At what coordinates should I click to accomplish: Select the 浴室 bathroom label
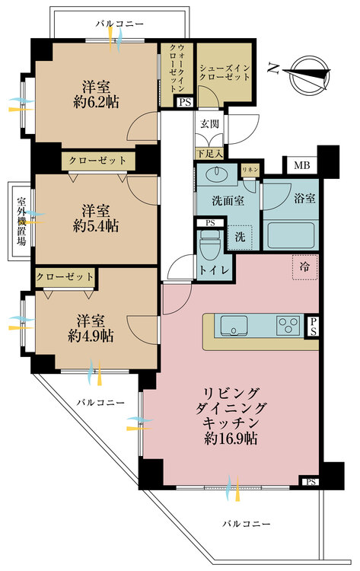click(x=304, y=196)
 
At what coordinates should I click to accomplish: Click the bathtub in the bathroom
click(x=291, y=237)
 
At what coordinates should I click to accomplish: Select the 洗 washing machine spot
click(x=240, y=236)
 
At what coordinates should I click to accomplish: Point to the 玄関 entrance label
click(x=209, y=123)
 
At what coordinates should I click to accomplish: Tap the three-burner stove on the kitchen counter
click(x=289, y=326)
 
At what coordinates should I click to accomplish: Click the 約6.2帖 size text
click(x=97, y=100)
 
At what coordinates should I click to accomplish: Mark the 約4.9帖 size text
click(x=90, y=335)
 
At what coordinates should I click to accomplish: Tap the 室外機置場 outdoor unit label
click(x=21, y=222)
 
